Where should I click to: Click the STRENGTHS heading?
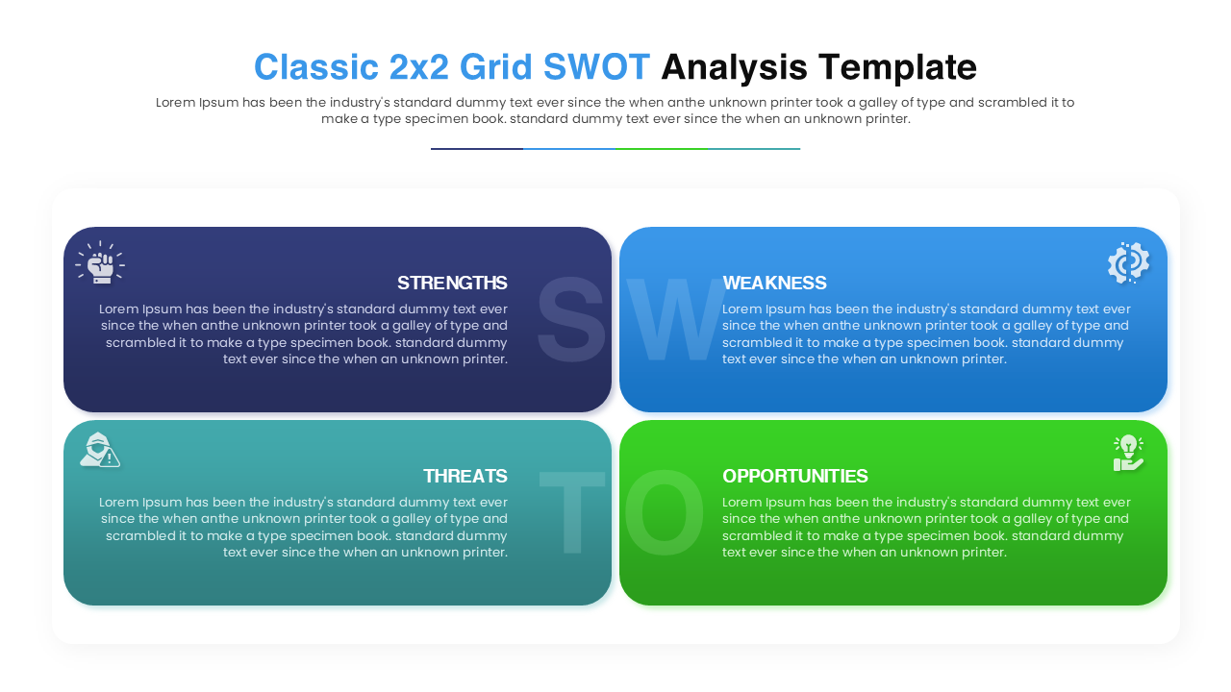click(452, 283)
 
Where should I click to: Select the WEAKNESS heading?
click(774, 283)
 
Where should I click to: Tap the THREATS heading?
click(465, 476)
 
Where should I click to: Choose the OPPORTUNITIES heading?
click(795, 476)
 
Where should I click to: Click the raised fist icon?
click(100, 262)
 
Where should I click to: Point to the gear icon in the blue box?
click(1128, 262)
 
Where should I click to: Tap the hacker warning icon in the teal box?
click(99, 450)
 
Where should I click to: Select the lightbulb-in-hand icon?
click(1128, 453)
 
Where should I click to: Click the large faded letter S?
click(570, 320)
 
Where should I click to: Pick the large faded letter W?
click(673, 320)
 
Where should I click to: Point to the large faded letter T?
click(571, 513)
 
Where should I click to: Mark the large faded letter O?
click(664, 513)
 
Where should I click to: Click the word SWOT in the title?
click(596, 67)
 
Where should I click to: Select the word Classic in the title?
click(315, 67)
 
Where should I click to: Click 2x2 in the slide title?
click(418, 67)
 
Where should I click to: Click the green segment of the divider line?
click(661, 149)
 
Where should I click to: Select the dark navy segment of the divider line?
click(477, 149)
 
